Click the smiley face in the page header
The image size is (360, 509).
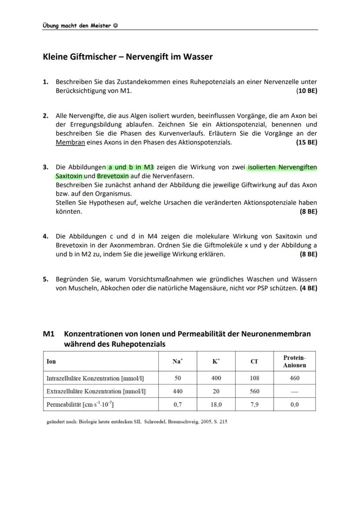[x=115, y=25]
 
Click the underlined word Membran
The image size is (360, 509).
[x=70, y=143]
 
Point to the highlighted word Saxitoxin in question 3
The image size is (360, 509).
[x=69, y=176]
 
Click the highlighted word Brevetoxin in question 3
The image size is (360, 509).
[x=113, y=176]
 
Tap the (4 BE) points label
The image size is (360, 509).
[x=308, y=288]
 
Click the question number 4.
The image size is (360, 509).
[x=45, y=236]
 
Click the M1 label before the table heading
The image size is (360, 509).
[x=48, y=334]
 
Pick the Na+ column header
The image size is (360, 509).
[x=177, y=361]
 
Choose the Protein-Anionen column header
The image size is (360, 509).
[x=294, y=361]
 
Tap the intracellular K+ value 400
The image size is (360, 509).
[x=216, y=378]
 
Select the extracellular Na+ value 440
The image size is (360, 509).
[x=177, y=391]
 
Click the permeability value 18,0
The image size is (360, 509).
[x=216, y=405]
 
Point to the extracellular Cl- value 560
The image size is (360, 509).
[x=254, y=391]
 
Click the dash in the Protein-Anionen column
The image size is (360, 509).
[x=294, y=391]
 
